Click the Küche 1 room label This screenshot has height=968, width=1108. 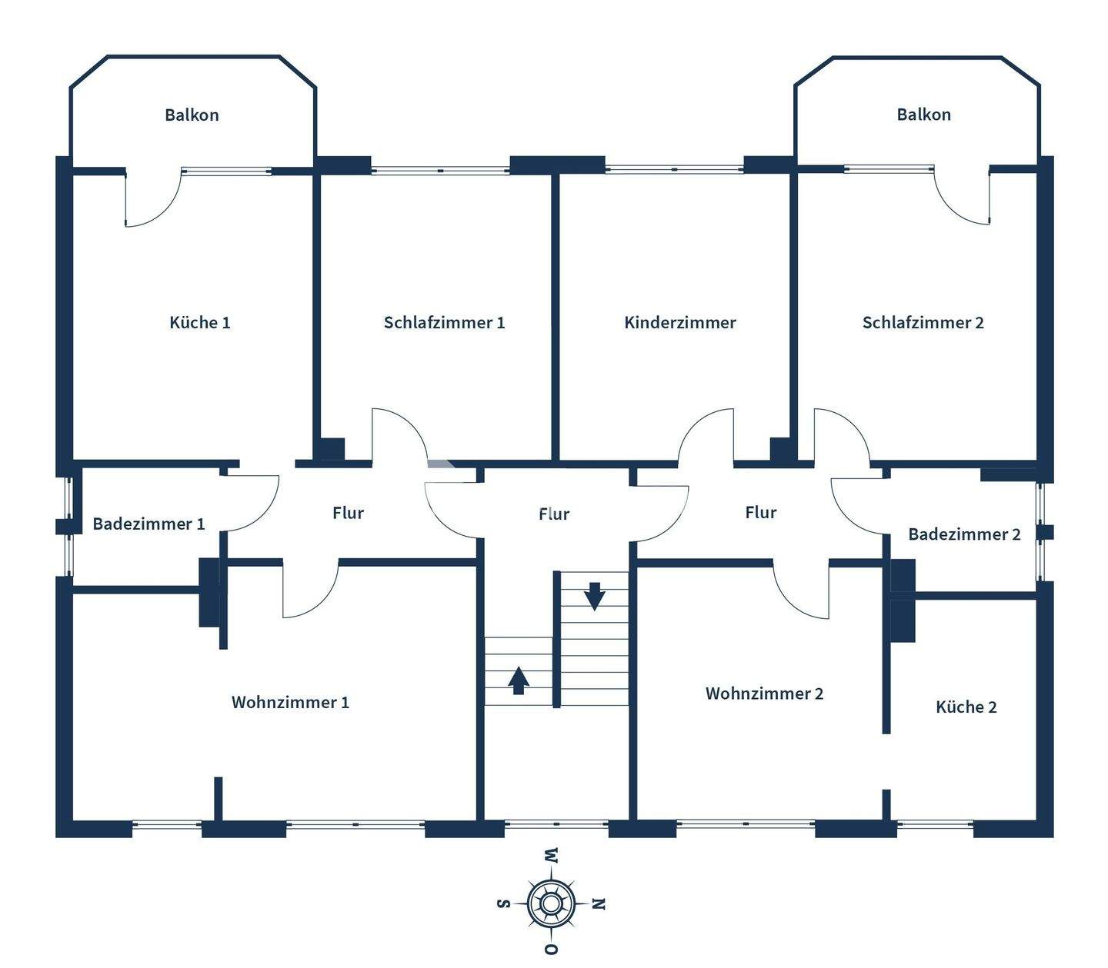coord(199,322)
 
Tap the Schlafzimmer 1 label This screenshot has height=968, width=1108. coord(444,322)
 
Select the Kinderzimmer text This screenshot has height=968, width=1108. coord(679,322)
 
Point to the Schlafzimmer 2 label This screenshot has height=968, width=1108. coord(923,322)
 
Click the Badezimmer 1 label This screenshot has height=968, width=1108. coord(149,524)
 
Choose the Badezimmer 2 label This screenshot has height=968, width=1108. coord(964,534)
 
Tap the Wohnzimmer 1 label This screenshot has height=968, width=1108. coord(290,702)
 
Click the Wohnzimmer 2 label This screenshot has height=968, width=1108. coord(764,693)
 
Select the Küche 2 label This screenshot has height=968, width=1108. coord(966,707)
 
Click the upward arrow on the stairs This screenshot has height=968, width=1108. coord(519,680)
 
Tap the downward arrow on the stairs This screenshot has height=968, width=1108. coord(594,596)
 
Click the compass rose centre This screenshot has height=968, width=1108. coord(551,903)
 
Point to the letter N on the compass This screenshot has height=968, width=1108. coord(599,903)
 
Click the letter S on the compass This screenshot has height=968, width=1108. coord(503,903)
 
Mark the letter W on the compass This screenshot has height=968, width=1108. coord(551,855)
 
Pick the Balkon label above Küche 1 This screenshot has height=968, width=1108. coord(192,115)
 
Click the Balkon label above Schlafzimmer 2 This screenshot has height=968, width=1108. coord(923,114)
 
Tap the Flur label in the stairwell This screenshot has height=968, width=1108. coord(553,513)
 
